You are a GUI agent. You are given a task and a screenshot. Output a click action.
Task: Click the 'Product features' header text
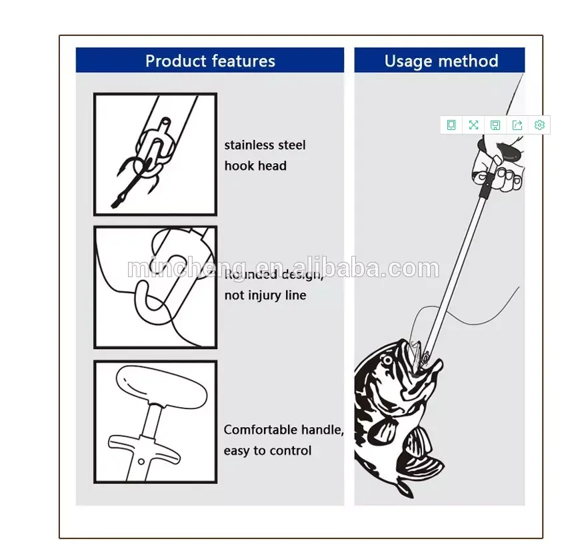point(210,61)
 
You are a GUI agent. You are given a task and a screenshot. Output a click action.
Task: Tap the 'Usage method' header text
point(441,61)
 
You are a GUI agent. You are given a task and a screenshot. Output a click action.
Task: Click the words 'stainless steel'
point(265,145)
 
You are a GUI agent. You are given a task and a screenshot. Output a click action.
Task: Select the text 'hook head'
point(255,166)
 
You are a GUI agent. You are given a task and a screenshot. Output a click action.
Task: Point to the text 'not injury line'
point(265,295)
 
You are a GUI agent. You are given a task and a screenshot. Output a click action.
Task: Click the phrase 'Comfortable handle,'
point(283,430)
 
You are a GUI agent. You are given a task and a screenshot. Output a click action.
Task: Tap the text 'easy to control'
point(267,451)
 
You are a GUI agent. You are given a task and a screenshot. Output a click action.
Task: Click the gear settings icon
point(539,125)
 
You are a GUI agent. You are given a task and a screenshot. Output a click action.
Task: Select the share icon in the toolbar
point(517,125)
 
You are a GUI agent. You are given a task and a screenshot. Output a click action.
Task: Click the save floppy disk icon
point(495,125)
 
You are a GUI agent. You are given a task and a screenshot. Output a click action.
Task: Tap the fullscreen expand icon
point(473,125)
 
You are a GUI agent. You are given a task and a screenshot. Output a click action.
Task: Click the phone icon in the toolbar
point(451,125)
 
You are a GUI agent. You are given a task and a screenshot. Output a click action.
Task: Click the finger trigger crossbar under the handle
point(144,450)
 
